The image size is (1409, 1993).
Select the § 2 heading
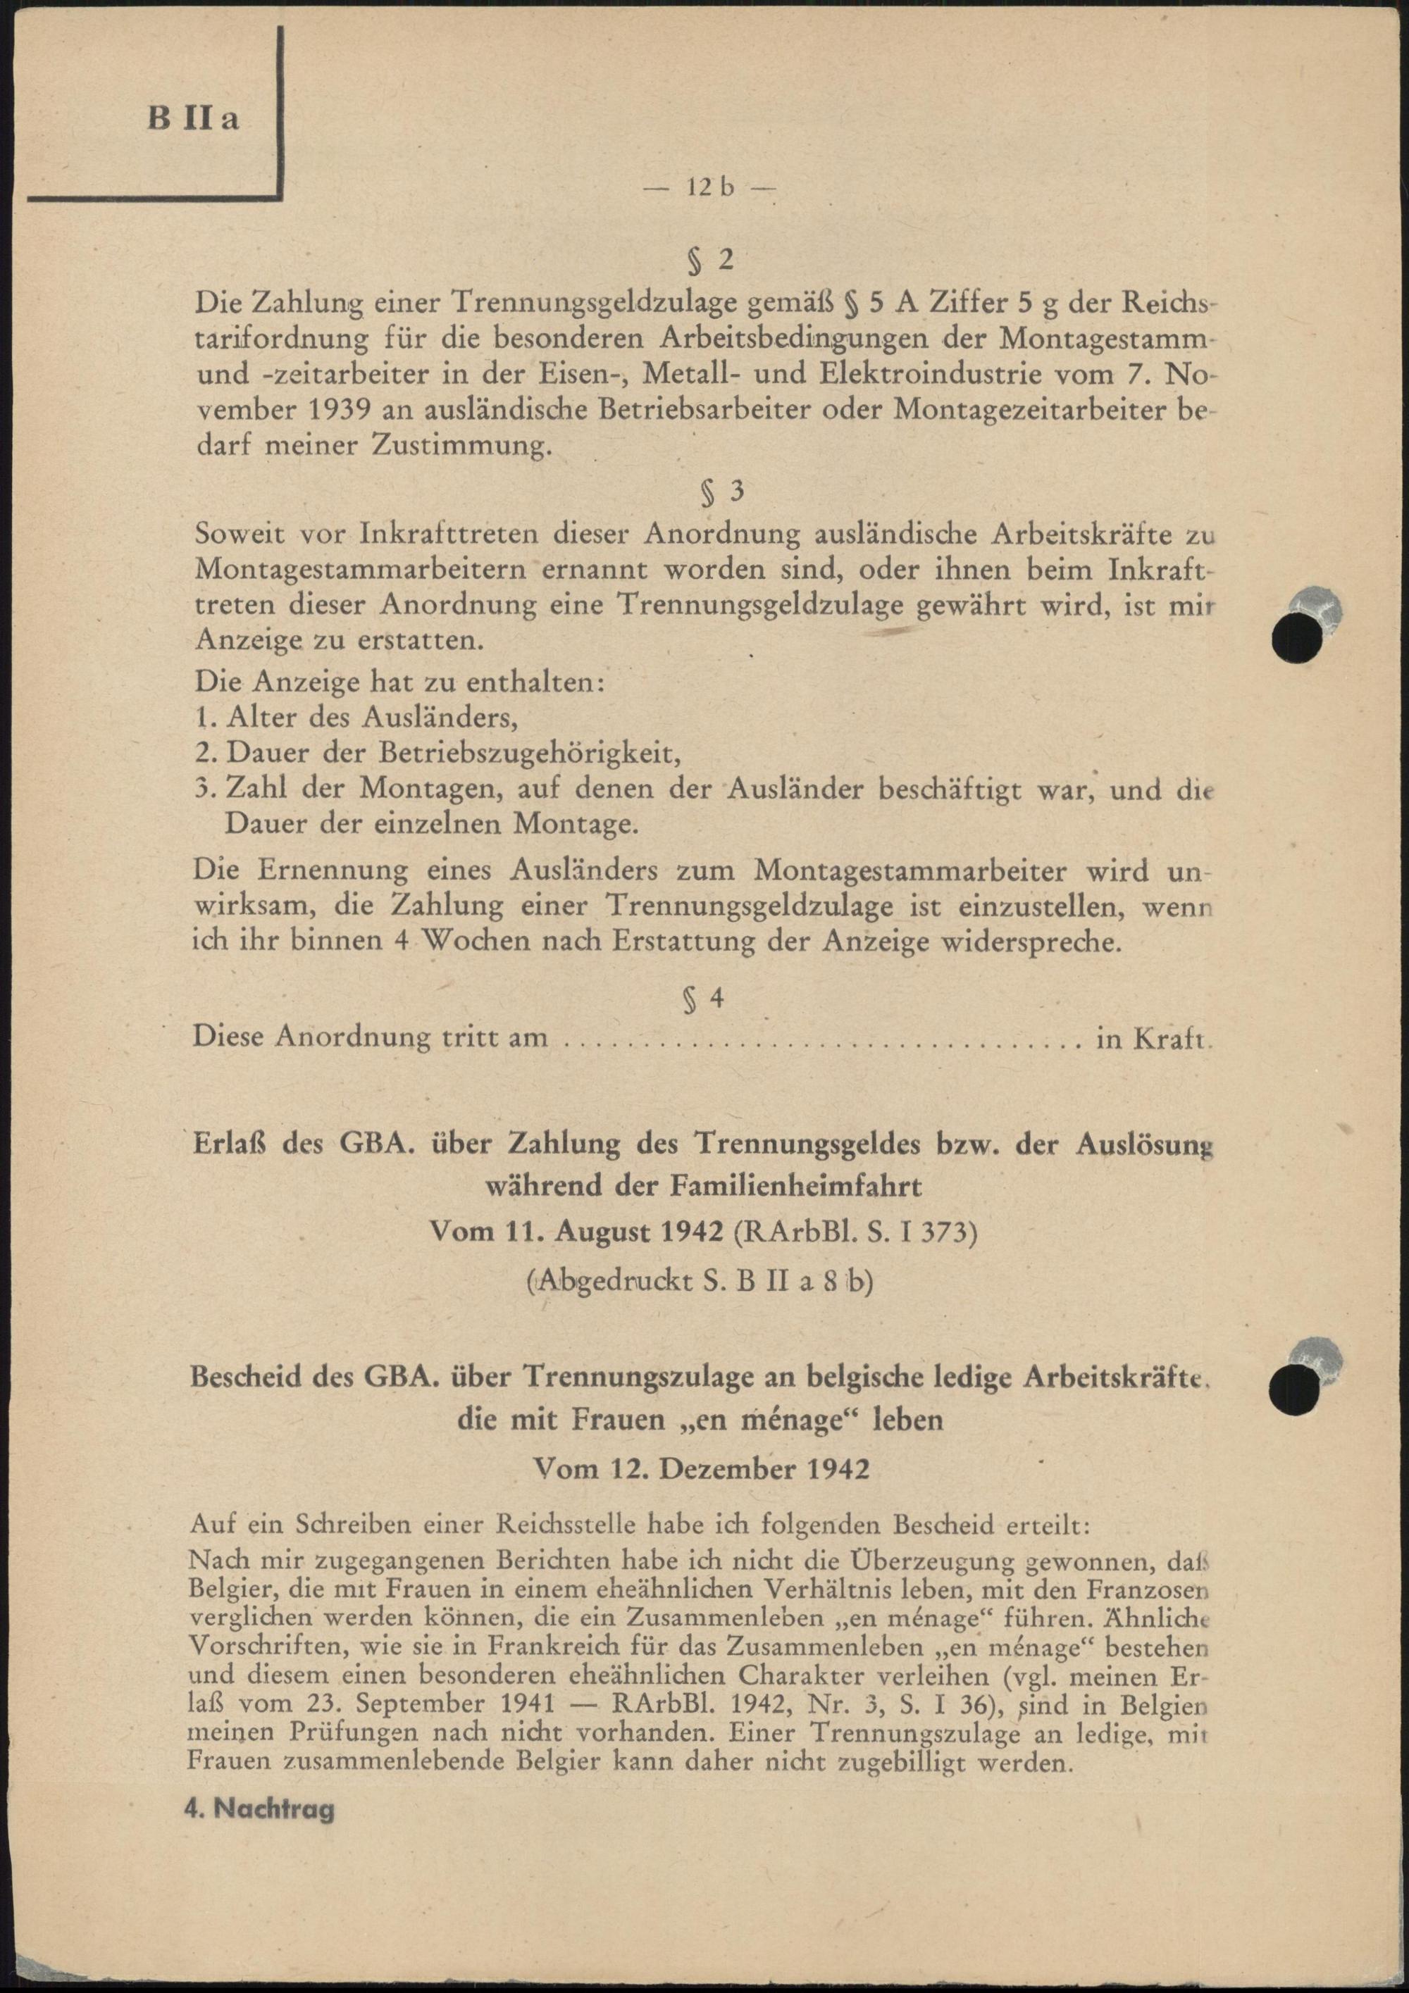[x=710, y=260]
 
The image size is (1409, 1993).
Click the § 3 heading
[x=721, y=492]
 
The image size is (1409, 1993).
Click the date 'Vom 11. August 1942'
[x=577, y=1232]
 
